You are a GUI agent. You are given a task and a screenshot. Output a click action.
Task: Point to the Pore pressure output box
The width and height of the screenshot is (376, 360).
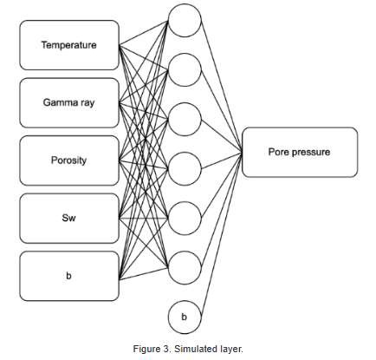(x=300, y=152)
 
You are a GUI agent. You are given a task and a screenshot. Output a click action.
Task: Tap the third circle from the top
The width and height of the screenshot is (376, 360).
(x=184, y=115)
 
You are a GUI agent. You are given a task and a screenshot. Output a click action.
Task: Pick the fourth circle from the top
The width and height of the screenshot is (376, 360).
(x=184, y=162)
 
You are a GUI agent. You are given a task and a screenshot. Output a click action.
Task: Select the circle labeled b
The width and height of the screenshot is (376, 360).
(x=184, y=317)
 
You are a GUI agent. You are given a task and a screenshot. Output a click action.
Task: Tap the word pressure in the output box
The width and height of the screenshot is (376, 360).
(x=313, y=152)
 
